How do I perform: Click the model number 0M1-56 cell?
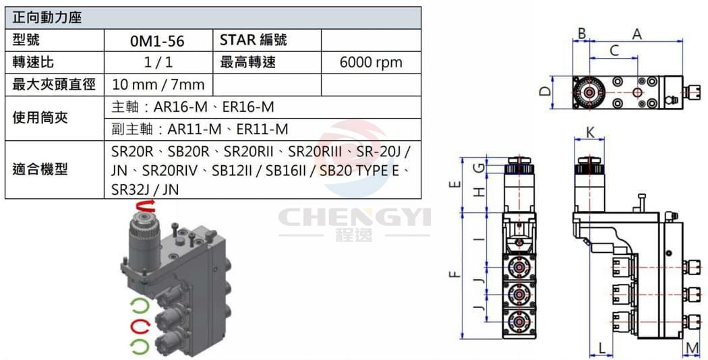(x=157, y=40)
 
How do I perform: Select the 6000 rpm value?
(x=371, y=62)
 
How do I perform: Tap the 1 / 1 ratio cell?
(x=158, y=62)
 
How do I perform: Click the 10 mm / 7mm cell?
(x=158, y=84)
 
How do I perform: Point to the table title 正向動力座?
(x=47, y=18)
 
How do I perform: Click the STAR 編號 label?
(x=254, y=40)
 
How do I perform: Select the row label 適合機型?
(x=40, y=169)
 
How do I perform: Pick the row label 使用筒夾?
(x=40, y=118)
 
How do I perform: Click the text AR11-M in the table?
(x=195, y=129)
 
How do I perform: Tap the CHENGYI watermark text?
(x=355, y=217)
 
